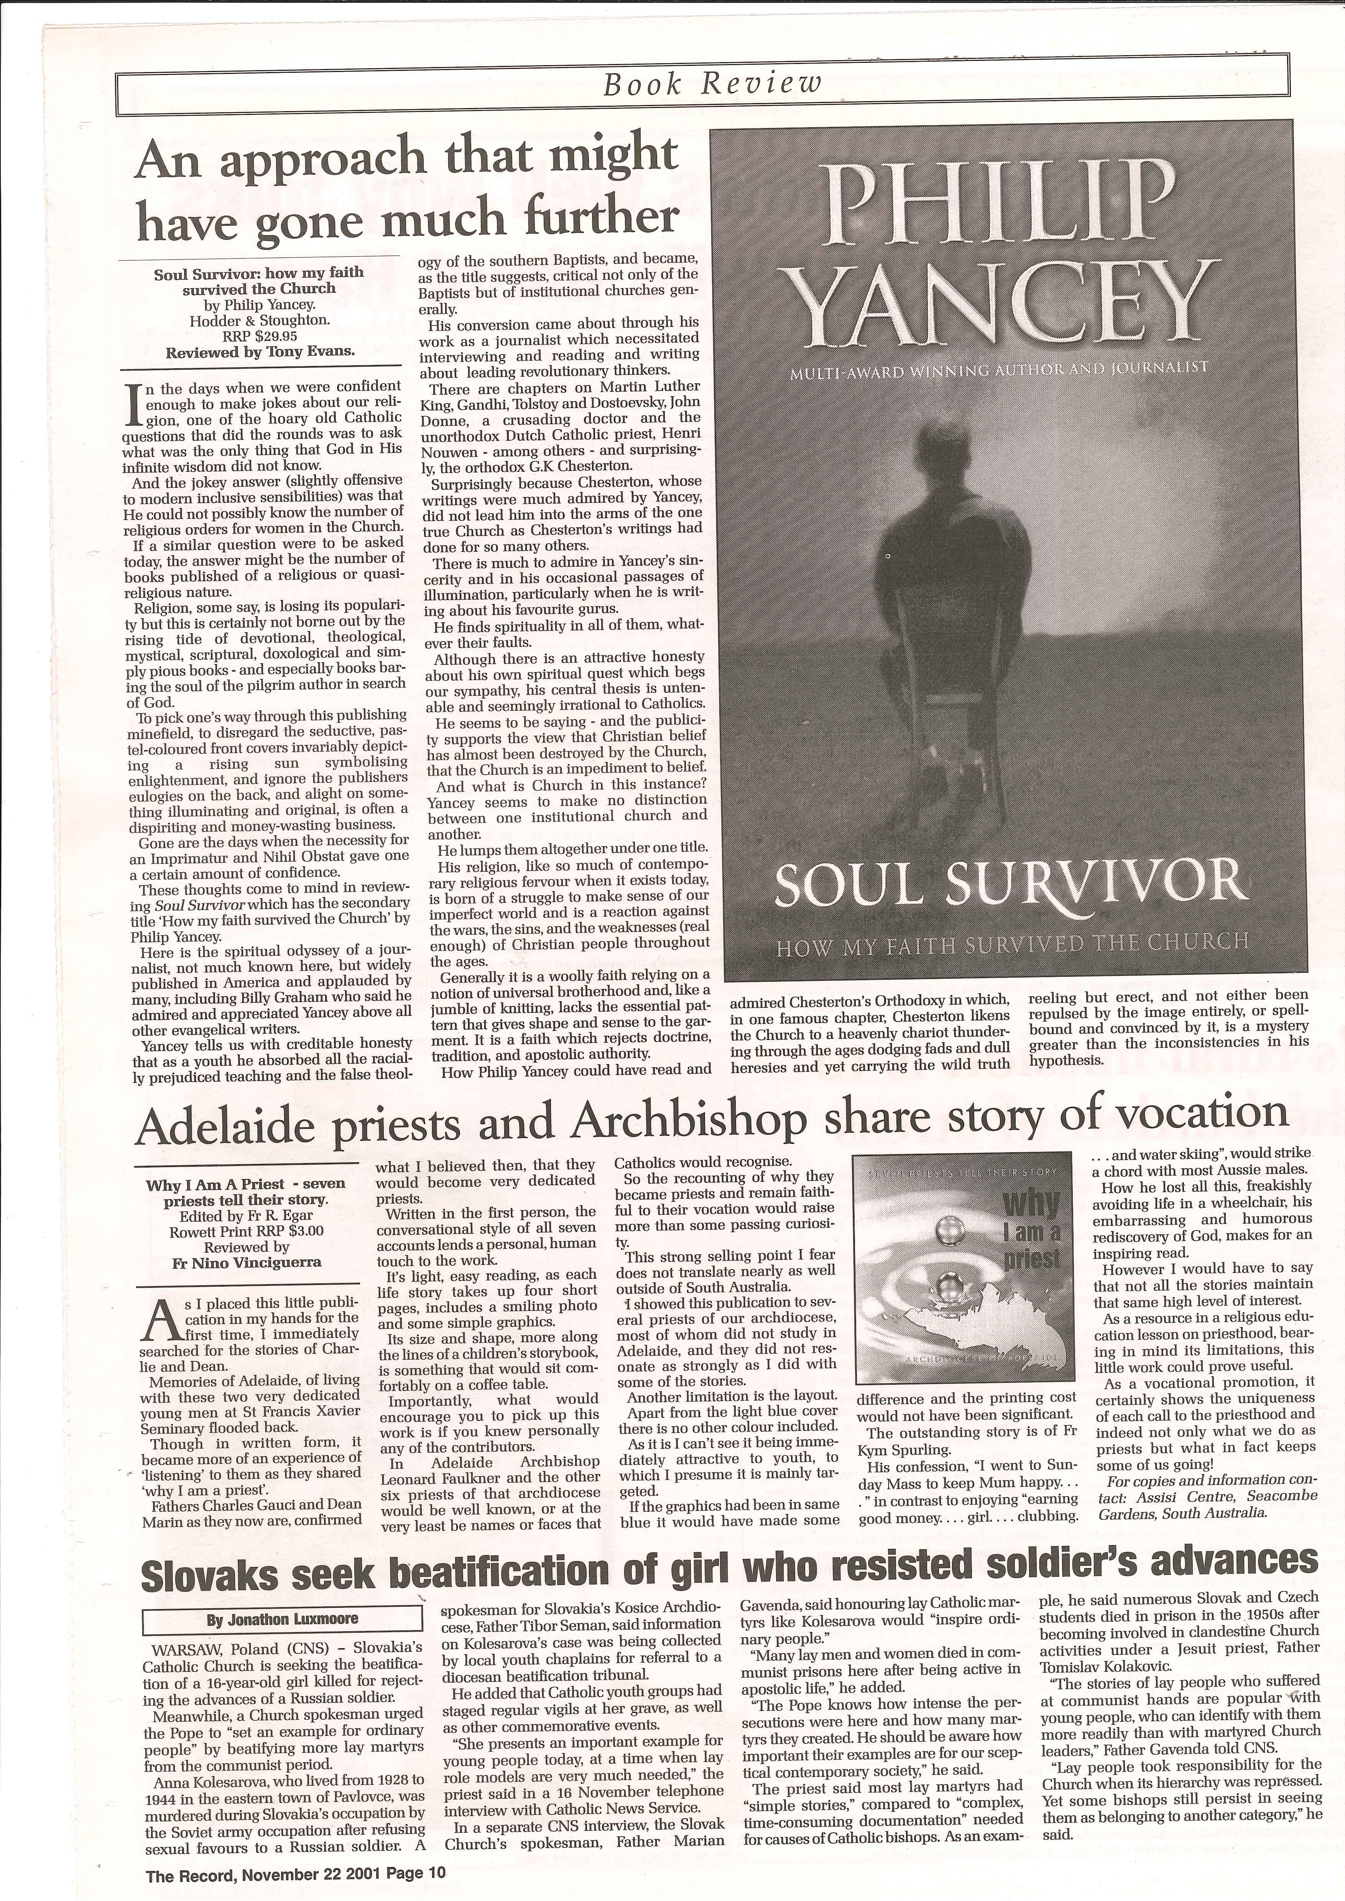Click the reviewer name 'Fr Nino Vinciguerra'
click(x=246, y=1263)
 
